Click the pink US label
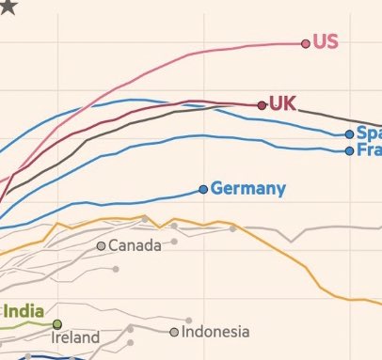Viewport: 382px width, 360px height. coord(326,42)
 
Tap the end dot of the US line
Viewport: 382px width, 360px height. coord(306,43)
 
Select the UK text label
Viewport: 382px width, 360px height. coord(282,103)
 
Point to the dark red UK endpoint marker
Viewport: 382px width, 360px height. coord(263,105)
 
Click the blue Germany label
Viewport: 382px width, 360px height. coord(248,189)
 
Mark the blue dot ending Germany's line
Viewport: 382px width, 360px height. coord(203,190)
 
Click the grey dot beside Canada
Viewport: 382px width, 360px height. coord(102,246)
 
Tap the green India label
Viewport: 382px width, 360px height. coord(25,311)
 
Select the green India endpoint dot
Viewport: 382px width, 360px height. coord(56,324)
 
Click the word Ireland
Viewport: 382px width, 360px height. coord(75,337)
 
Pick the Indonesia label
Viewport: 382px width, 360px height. coord(215,332)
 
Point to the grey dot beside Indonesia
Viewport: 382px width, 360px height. coord(174,332)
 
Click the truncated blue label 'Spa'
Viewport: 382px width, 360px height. coord(369,133)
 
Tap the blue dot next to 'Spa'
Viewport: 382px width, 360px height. coord(349,134)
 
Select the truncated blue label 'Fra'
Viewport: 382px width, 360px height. coord(369,150)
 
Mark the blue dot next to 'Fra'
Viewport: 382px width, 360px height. coord(349,150)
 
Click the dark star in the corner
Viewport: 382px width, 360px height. coord(7,8)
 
